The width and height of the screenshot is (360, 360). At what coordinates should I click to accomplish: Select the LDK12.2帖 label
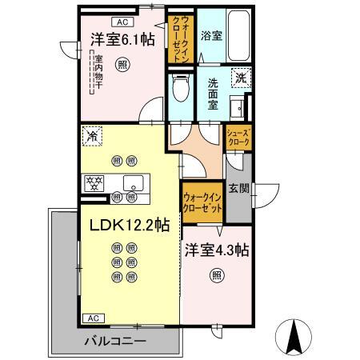click(x=124, y=226)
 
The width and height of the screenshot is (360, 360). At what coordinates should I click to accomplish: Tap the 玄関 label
click(x=238, y=188)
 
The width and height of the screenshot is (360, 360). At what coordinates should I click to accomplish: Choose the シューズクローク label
click(x=240, y=137)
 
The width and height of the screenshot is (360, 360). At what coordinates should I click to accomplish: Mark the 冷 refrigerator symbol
click(x=91, y=136)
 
